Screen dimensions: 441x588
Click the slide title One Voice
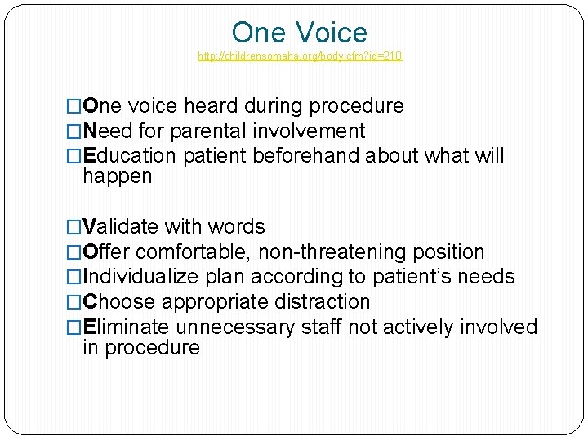[300, 33]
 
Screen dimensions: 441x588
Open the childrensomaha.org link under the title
[300, 56]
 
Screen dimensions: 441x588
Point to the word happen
[118, 176]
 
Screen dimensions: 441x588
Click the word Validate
[122, 227]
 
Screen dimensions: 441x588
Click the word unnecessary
[237, 327]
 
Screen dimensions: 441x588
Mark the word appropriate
[212, 301]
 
